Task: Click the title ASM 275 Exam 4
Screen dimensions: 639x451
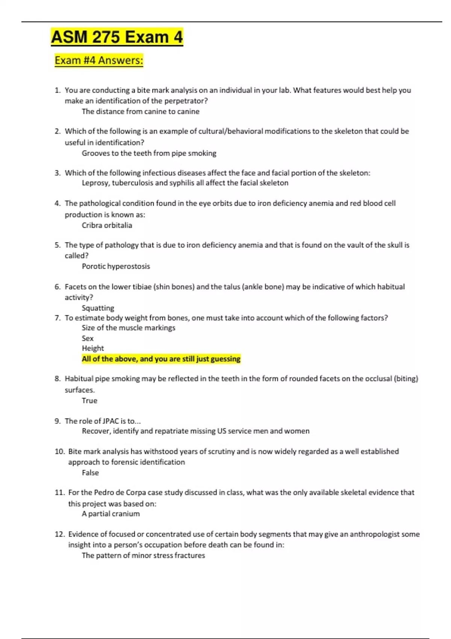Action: pyautogui.click(x=117, y=37)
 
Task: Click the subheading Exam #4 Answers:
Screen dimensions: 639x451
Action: pyautogui.click(x=99, y=60)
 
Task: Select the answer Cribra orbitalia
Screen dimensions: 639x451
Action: pyautogui.click(x=107, y=225)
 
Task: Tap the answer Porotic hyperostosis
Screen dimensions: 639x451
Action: pyautogui.click(x=116, y=266)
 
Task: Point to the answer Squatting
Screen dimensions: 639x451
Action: pyautogui.click(x=98, y=308)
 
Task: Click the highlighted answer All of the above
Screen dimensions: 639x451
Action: pyautogui.click(x=161, y=359)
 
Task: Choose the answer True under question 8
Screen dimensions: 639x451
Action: pyautogui.click(x=89, y=400)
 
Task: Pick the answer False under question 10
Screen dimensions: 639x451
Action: pyautogui.click(x=90, y=472)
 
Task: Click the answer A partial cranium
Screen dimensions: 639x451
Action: pyautogui.click(x=110, y=513)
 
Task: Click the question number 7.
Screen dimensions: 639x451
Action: pyautogui.click(x=57, y=318)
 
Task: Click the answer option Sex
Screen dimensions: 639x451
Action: pyautogui.click(x=88, y=338)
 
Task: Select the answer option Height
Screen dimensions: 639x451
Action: pyautogui.click(x=92, y=348)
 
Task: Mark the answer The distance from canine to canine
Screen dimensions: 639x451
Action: pyautogui.click(x=141, y=111)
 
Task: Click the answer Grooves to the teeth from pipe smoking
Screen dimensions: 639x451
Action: pyautogui.click(x=149, y=153)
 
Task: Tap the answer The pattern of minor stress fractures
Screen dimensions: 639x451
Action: pyautogui.click(x=143, y=555)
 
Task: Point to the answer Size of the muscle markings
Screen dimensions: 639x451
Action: pyautogui.click(x=128, y=328)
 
